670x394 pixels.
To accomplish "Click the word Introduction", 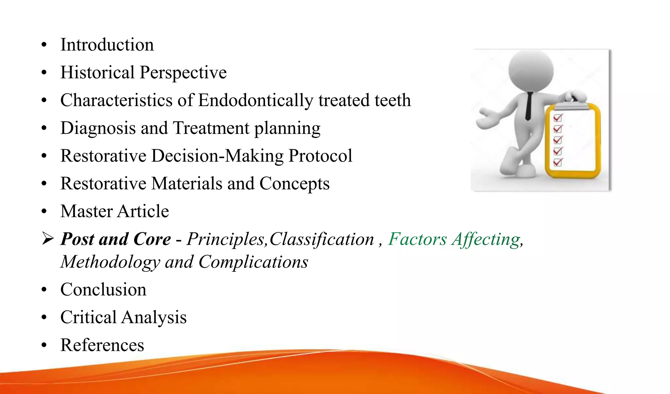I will coord(107,45).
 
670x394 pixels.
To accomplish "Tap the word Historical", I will coord(97,72).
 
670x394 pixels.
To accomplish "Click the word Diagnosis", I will coord(98,128).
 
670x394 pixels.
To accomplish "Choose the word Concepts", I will coord(294,184).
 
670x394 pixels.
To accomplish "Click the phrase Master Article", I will coord(115,211).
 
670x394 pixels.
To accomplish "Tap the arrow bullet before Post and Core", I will coord(48,239).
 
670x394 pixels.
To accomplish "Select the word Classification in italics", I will coord(322,239).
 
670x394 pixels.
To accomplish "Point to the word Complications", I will coord(253,262).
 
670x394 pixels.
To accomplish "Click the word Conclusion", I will coord(103,290).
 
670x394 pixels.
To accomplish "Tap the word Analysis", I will coord(154,317).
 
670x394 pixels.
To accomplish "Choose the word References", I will coord(102,345).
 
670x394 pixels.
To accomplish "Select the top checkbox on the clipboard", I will coord(557,117).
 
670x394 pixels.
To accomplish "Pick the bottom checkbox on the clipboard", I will coord(557,162).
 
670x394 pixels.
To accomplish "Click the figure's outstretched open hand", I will coord(488,118).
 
